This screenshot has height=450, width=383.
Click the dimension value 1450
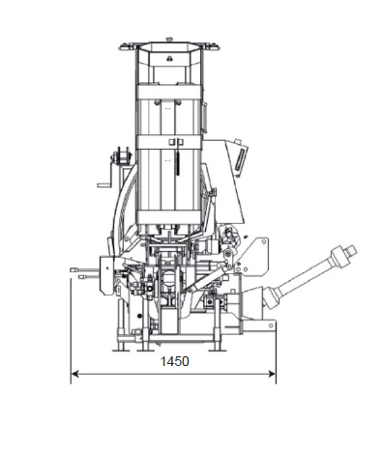pyautogui.click(x=174, y=361)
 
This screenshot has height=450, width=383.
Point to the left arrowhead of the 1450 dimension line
pyautogui.click(x=74, y=374)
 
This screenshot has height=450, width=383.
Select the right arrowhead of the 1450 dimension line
pyautogui.click(x=272, y=374)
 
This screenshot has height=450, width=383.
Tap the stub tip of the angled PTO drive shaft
pyautogui.click(x=352, y=250)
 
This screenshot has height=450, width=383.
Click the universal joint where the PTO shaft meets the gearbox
pyautogui.click(x=272, y=296)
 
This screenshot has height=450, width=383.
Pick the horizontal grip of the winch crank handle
pyautogui.click(x=103, y=185)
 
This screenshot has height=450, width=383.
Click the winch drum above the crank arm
pyautogui.click(x=120, y=157)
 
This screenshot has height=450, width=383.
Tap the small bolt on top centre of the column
pyautogui.click(x=169, y=40)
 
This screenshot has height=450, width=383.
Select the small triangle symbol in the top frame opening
pyautogui.click(x=168, y=58)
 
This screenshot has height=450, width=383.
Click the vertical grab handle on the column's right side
pyautogui.click(x=203, y=117)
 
